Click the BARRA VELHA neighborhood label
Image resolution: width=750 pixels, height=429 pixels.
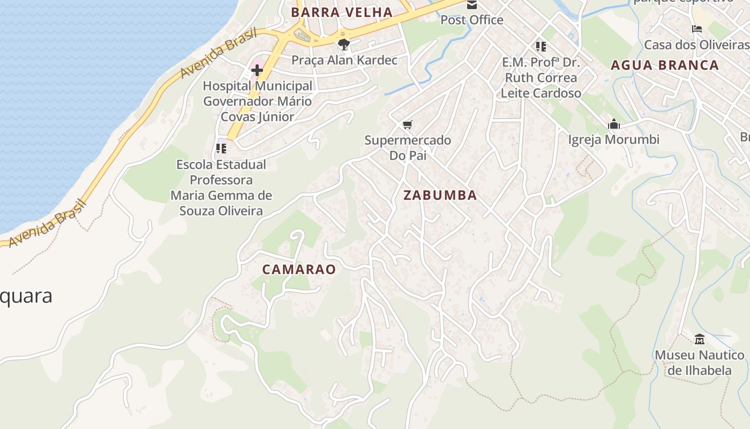point(341,12)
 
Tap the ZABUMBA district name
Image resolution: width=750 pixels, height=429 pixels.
point(440,195)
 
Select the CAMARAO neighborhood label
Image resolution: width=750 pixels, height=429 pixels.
point(299,269)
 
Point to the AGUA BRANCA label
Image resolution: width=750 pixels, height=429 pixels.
point(665,65)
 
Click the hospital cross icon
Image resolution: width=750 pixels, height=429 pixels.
point(257,70)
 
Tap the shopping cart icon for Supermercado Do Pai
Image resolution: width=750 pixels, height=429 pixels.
point(407,125)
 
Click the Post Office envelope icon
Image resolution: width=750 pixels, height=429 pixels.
point(472,5)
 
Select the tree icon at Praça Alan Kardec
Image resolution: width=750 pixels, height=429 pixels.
point(344,44)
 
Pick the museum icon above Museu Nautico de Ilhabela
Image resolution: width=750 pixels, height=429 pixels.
point(699,339)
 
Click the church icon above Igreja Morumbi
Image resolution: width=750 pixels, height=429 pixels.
point(614,124)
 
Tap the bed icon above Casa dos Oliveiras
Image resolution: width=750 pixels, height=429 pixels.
point(696,29)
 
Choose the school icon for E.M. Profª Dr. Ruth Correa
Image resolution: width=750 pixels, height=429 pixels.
point(541,47)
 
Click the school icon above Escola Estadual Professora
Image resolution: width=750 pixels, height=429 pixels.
point(221,148)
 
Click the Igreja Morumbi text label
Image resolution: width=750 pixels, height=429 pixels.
point(613,140)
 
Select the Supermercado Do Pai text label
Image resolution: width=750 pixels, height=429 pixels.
point(408,147)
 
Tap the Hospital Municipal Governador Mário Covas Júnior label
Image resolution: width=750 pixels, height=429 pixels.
point(257,101)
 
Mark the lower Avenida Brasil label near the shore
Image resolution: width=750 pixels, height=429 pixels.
point(47,224)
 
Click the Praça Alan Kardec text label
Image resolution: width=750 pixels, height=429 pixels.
point(344,60)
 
